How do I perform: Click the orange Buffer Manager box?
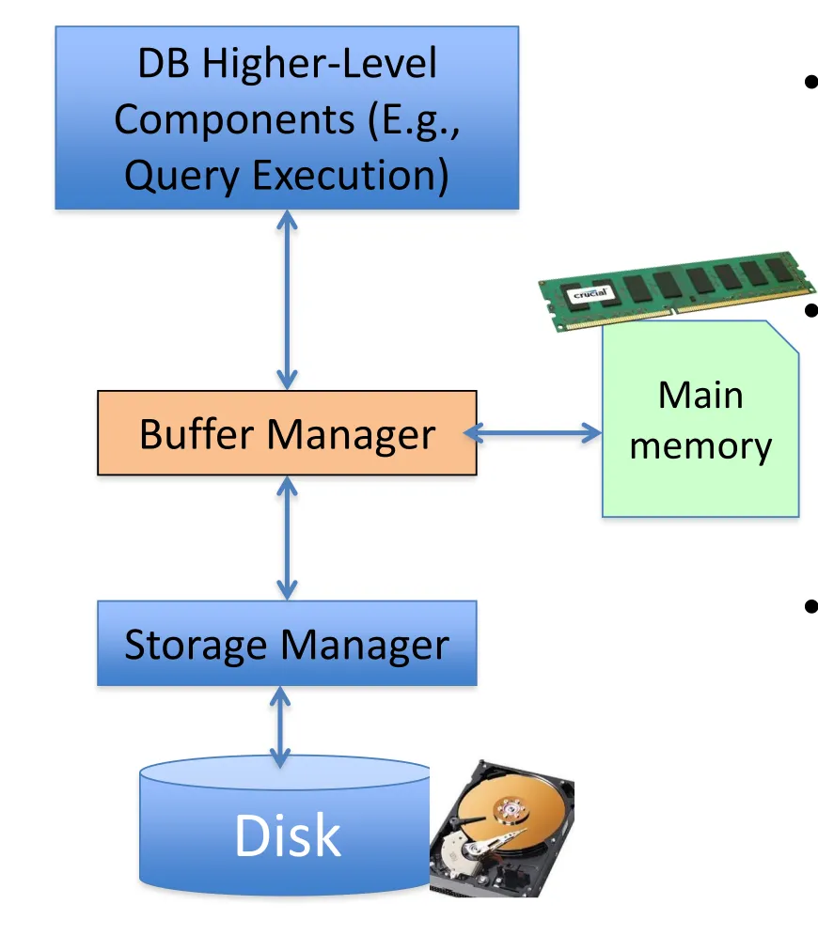click(287, 433)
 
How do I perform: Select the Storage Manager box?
click(287, 644)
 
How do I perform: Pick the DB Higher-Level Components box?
click(287, 117)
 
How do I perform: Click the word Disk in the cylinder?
click(287, 835)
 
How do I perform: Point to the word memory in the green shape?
click(700, 445)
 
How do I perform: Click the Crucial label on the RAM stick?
click(591, 295)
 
